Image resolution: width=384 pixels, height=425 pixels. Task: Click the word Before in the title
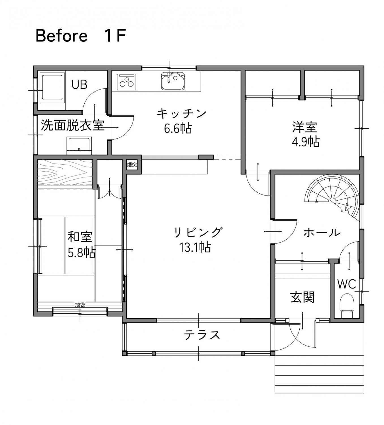61,36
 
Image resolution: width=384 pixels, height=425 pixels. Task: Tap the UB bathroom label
79,84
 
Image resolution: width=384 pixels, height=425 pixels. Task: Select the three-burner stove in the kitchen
126,82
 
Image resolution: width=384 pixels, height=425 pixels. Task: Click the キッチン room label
181,114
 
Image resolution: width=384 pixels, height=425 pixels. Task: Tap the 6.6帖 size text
178,128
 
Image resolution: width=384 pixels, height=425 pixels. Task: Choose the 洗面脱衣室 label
73,125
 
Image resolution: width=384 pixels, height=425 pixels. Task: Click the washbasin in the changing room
80,145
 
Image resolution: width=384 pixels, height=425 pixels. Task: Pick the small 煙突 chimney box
132,165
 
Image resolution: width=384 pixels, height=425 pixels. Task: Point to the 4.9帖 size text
306,141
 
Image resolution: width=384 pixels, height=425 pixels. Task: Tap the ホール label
322,233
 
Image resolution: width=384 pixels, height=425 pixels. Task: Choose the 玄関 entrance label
303,297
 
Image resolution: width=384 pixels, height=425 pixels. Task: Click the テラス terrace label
202,335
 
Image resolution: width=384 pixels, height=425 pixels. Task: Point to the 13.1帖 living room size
195,247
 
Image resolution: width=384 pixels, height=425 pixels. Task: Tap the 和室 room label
80,237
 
